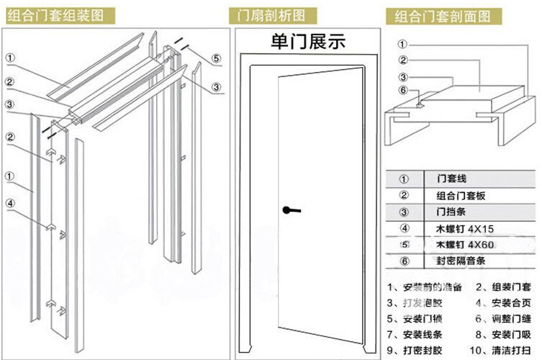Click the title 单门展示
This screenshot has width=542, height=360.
(x=307, y=41)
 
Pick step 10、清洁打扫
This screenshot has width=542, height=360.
(x=504, y=351)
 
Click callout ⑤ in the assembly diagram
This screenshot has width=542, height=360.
(x=217, y=58)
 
